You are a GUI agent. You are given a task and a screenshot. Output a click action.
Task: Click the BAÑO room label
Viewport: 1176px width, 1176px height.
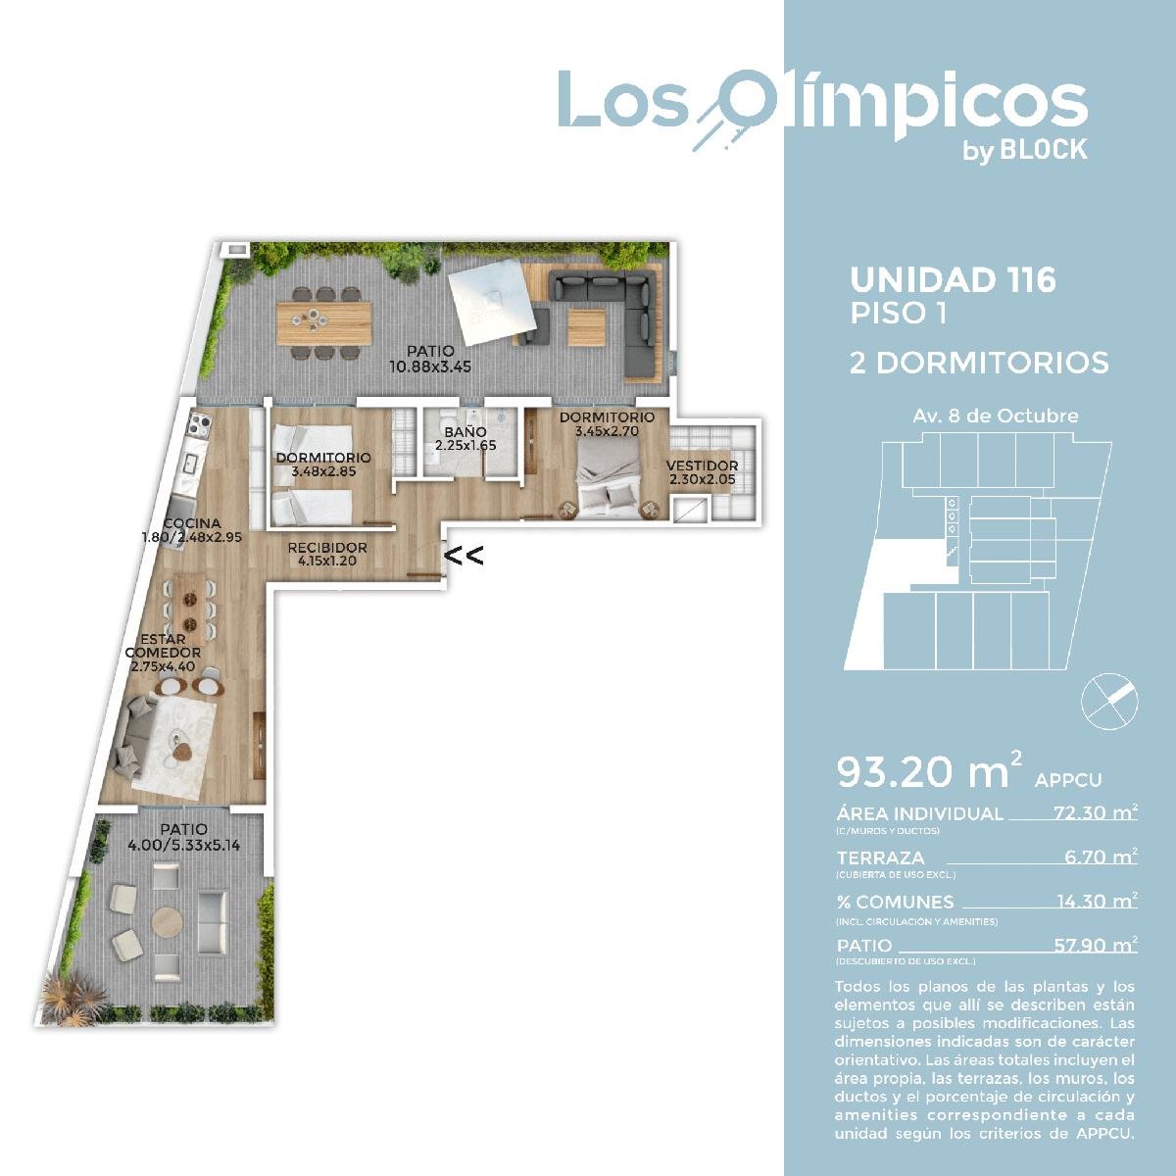click(465, 433)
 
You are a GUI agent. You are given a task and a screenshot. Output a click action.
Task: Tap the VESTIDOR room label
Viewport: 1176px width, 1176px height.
click(702, 465)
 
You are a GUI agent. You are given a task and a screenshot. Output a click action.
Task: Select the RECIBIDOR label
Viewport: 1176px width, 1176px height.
click(327, 548)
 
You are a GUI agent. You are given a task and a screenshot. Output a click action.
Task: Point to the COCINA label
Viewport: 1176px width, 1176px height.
click(192, 523)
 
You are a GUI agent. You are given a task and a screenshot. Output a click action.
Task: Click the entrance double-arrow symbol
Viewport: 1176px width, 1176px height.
click(464, 556)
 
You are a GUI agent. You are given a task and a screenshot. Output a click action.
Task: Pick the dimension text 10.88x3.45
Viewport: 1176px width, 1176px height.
click(430, 367)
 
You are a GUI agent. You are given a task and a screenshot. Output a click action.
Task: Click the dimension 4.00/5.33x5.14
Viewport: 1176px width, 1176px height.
click(183, 845)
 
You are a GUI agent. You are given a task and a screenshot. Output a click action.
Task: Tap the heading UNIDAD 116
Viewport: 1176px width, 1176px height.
click(953, 280)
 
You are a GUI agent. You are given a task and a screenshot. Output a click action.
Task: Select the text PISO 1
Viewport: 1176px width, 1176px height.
click(899, 314)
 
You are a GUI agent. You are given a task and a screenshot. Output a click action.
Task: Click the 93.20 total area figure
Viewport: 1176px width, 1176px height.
click(922, 771)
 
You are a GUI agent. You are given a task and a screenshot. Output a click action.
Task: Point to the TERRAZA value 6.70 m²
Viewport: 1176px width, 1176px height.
click(1101, 857)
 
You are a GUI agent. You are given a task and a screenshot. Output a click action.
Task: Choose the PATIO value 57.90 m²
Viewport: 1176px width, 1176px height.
click(1096, 946)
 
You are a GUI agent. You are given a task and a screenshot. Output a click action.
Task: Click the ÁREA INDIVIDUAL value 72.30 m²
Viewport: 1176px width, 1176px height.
click(1096, 812)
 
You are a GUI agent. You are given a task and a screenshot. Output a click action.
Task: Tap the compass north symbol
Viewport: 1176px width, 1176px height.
click(1108, 702)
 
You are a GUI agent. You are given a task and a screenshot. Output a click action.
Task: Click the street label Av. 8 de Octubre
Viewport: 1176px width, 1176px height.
click(996, 416)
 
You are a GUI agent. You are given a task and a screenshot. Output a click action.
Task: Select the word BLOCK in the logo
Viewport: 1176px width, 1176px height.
click(1044, 150)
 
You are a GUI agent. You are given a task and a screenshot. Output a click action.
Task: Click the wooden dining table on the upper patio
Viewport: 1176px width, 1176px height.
click(323, 323)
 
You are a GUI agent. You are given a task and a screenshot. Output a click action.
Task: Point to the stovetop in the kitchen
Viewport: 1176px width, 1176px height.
click(199, 424)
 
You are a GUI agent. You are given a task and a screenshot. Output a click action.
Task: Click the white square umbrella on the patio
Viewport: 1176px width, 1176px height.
click(493, 301)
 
